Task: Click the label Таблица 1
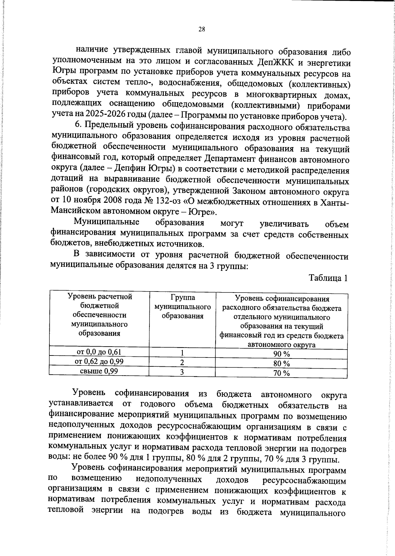coord(328,278)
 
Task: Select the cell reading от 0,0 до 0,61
coord(99,352)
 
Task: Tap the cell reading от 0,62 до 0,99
coord(99,361)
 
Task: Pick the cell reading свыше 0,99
coord(99,371)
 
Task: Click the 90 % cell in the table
coord(281,354)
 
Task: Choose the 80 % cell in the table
coord(281,364)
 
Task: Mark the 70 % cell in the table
coord(281,373)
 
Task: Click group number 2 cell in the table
coord(182,362)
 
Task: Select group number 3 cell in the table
coord(182,372)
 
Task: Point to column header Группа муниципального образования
coord(183,307)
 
